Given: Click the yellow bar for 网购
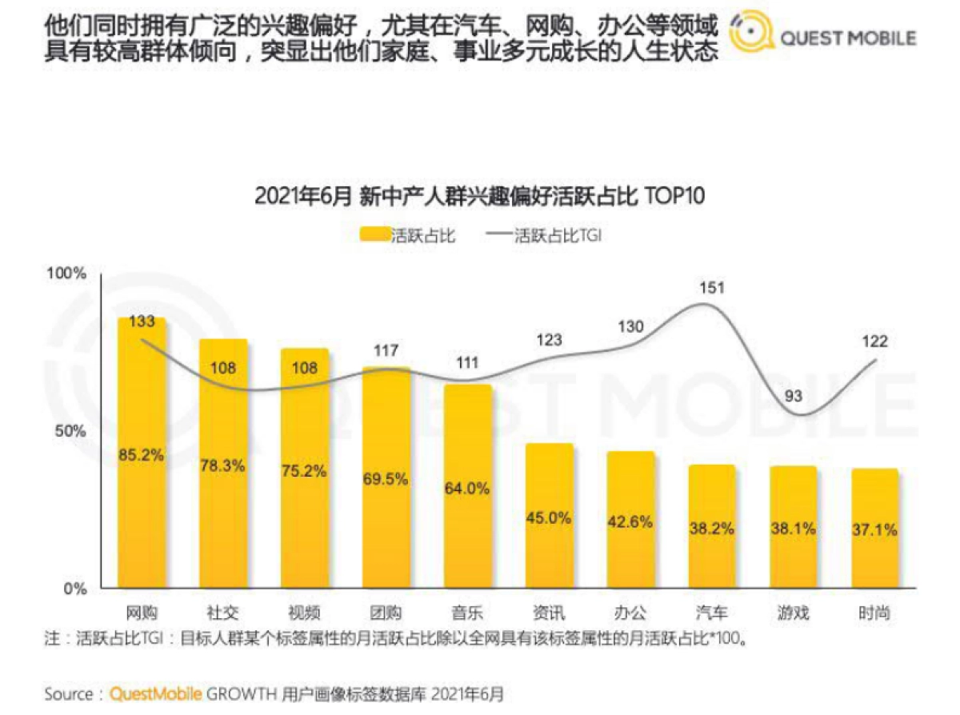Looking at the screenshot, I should [x=142, y=480].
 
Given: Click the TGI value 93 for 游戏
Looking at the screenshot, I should [x=792, y=397].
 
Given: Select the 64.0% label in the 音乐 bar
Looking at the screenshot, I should [x=467, y=489].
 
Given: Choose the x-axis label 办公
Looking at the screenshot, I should [x=630, y=613].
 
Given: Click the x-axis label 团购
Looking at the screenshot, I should [x=386, y=613].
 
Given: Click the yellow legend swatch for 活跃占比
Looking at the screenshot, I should [x=374, y=235].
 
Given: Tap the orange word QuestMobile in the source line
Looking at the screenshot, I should [x=156, y=693].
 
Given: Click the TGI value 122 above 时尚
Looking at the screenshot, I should [x=874, y=342].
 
